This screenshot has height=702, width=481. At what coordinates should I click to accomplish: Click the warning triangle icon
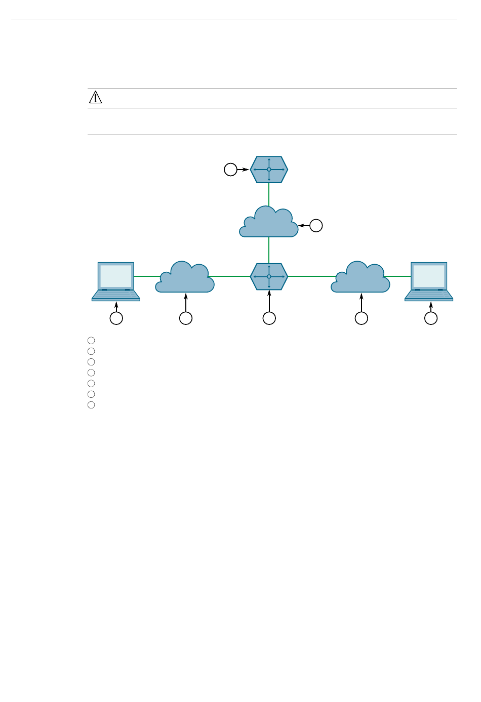pos(95,97)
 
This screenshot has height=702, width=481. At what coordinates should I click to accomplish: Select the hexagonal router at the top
pos(269,170)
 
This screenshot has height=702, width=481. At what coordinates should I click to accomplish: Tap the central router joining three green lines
pos(269,276)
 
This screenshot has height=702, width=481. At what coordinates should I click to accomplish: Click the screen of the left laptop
pos(116,276)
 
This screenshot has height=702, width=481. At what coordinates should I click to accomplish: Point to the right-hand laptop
pos(429,281)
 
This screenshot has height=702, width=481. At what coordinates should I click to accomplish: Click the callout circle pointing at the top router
pos(230,170)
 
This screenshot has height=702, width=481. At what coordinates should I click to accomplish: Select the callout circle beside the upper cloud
pos(316,226)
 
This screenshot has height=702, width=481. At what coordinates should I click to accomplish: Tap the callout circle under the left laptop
pos(116,318)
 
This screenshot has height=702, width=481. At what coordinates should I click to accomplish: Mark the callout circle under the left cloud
pos(186,318)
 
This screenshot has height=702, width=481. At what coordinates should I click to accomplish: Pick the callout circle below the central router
pos(269,318)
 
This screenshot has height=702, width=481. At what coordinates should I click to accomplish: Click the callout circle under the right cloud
pos(361,318)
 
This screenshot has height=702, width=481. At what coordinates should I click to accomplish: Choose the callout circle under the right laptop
pos(431,318)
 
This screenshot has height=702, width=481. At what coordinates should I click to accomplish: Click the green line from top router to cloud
pos(269,195)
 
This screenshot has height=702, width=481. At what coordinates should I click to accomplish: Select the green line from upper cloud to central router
pos(269,250)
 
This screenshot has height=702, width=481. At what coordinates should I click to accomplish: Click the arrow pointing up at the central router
pos(269,302)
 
